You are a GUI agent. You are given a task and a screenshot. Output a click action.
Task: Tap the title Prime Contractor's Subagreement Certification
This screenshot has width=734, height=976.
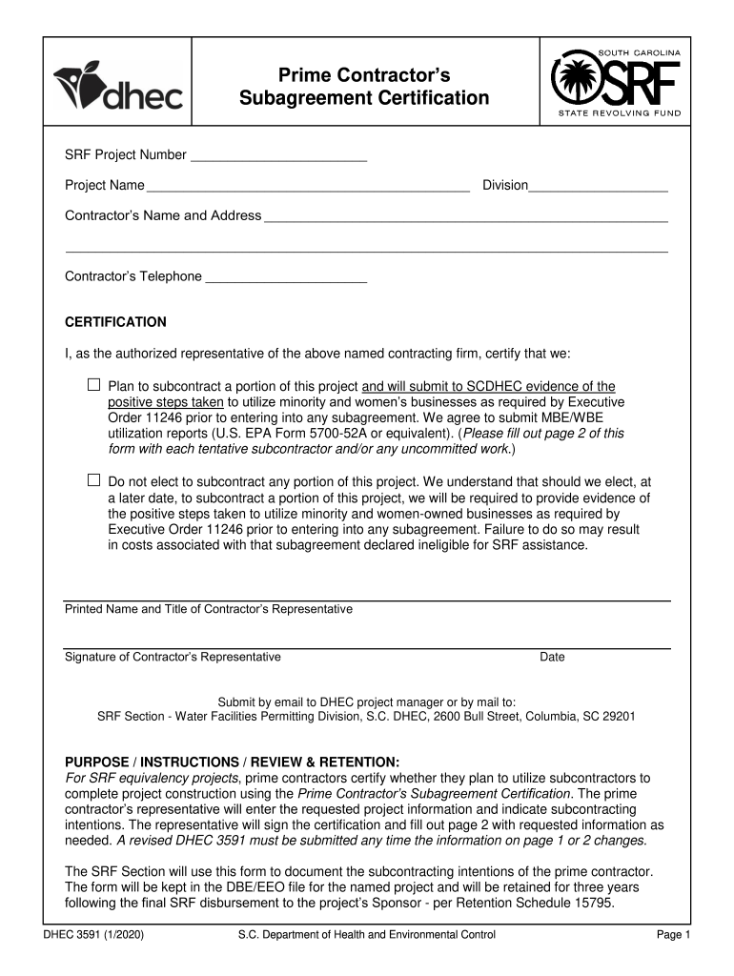coord(363,86)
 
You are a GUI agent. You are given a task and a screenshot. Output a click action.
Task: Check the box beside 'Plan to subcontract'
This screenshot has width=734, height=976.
coord(93,385)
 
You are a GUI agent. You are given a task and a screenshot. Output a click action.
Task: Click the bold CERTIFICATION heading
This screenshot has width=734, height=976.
coord(115,322)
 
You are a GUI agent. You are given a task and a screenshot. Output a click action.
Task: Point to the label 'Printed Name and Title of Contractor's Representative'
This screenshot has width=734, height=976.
coord(208,609)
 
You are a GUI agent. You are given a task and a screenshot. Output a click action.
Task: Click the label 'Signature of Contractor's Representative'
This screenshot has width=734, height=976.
coord(173,657)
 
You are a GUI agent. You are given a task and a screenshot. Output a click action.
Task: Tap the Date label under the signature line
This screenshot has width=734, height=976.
coord(552,657)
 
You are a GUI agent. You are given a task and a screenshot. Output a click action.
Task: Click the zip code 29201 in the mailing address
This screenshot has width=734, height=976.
coord(619,716)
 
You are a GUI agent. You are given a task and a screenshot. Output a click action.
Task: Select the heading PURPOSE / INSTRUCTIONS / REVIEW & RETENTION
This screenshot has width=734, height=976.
coord(232,762)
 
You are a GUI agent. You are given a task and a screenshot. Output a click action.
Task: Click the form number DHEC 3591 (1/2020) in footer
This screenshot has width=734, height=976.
coord(93,935)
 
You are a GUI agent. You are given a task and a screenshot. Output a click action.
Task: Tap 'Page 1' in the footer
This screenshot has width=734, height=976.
coord(673,935)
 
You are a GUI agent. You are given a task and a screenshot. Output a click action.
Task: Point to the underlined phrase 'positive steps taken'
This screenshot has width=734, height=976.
coord(163,402)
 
